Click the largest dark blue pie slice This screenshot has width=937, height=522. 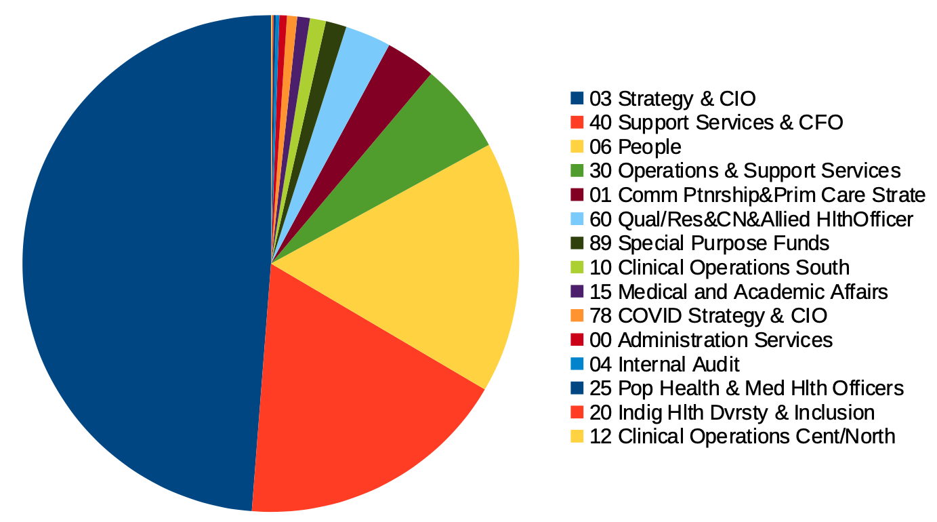pos(136,264)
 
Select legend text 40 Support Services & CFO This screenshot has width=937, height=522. pos(715,123)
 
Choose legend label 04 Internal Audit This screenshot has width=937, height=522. pos(664,364)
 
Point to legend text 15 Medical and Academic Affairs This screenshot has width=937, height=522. pos(738,292)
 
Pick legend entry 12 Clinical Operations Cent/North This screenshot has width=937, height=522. pos(743,436)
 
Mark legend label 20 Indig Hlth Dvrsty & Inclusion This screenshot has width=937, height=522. pos(732,412)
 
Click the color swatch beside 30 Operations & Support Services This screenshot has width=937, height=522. pos(577,172)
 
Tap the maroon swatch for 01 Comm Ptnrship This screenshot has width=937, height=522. pos(577,195)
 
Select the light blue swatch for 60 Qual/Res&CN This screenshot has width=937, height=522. pos(577,220)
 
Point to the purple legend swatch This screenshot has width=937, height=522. pos(577,292)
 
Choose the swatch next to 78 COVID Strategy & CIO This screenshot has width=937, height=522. pos(577,316)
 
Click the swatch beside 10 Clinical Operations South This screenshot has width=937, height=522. pos(577,268)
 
